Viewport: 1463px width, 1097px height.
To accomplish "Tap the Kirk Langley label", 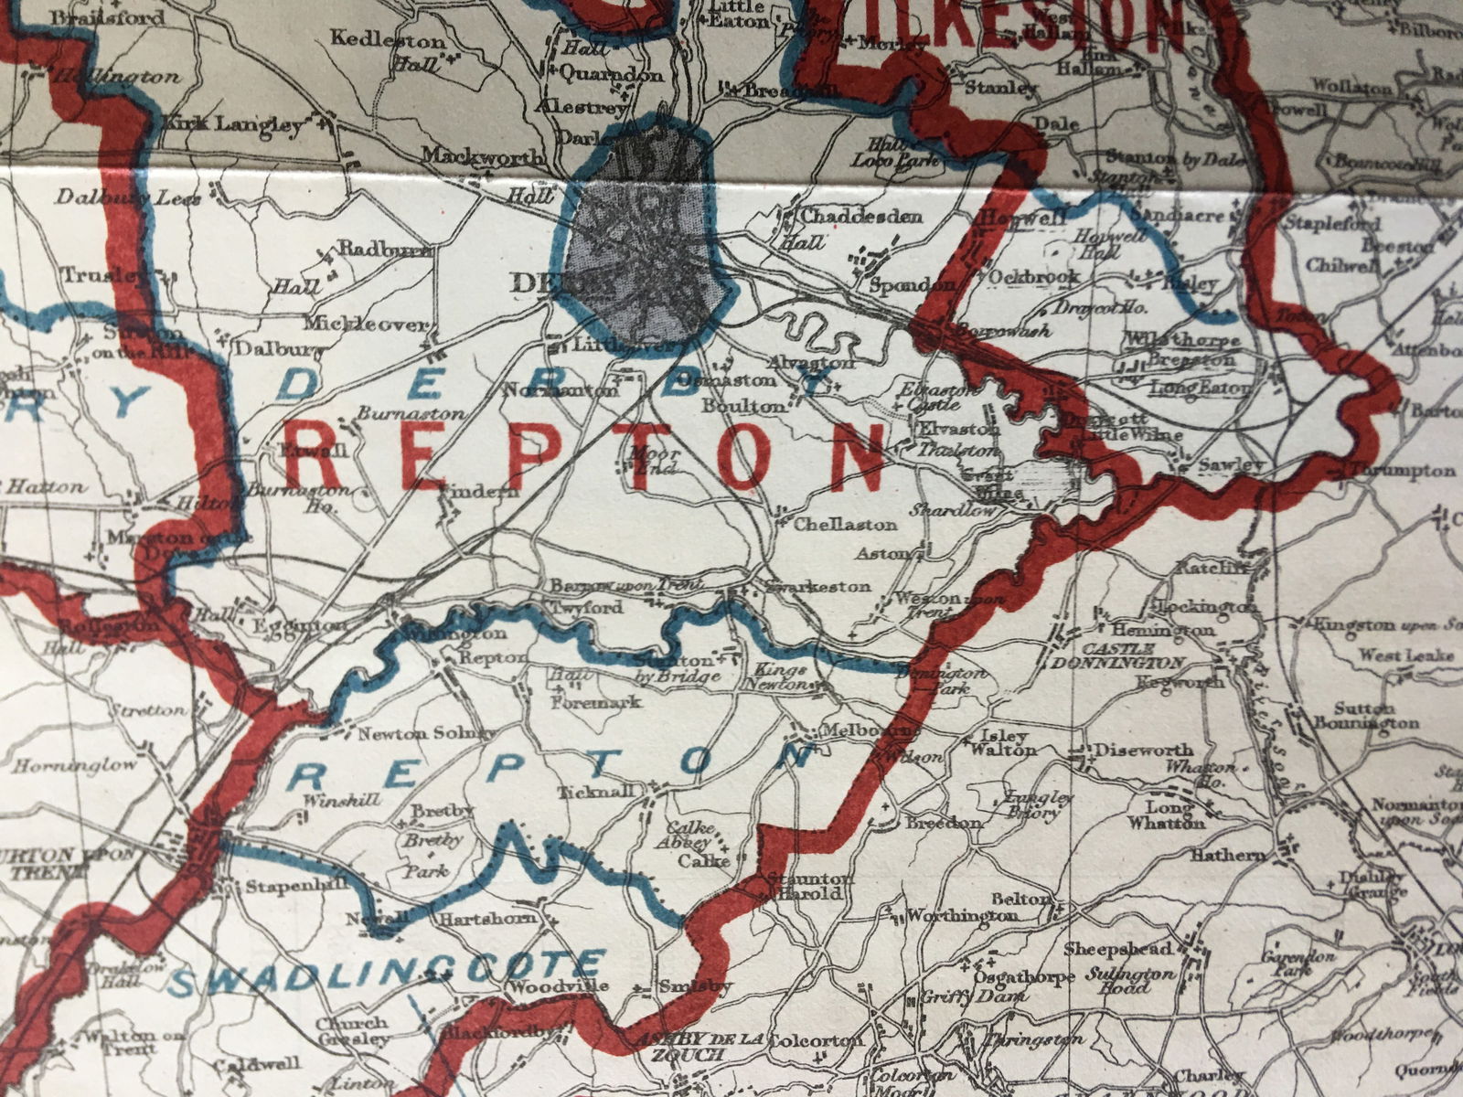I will pyautogui.click(x=233, y=124).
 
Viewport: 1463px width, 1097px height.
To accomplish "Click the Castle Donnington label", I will pyautogui.click(x=1120, y=655).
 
